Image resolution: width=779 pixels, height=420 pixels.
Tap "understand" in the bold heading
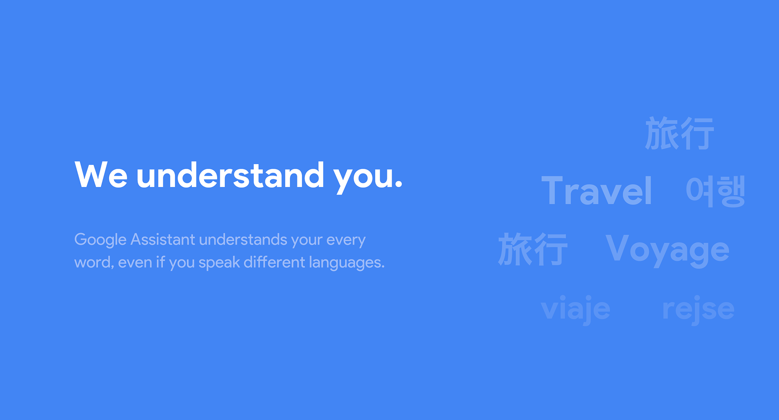(230, 175)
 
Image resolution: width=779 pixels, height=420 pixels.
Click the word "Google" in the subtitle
(101, 240)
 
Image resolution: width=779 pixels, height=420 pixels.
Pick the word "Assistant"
(163, 240)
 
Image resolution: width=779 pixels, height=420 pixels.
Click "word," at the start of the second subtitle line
(94, 262)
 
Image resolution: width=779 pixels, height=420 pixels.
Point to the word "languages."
(346, 263)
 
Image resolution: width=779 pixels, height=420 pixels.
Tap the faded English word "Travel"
(596, 191)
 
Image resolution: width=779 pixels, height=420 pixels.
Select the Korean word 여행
(715, 191)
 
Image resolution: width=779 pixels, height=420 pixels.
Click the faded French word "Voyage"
(667, 250)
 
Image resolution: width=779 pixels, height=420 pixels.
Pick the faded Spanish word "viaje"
(575, 309)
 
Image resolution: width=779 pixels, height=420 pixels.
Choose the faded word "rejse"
(698, 310)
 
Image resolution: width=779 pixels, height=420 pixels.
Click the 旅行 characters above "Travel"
(679, 133)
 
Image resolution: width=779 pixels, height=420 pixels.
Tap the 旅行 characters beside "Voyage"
(533, 249)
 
